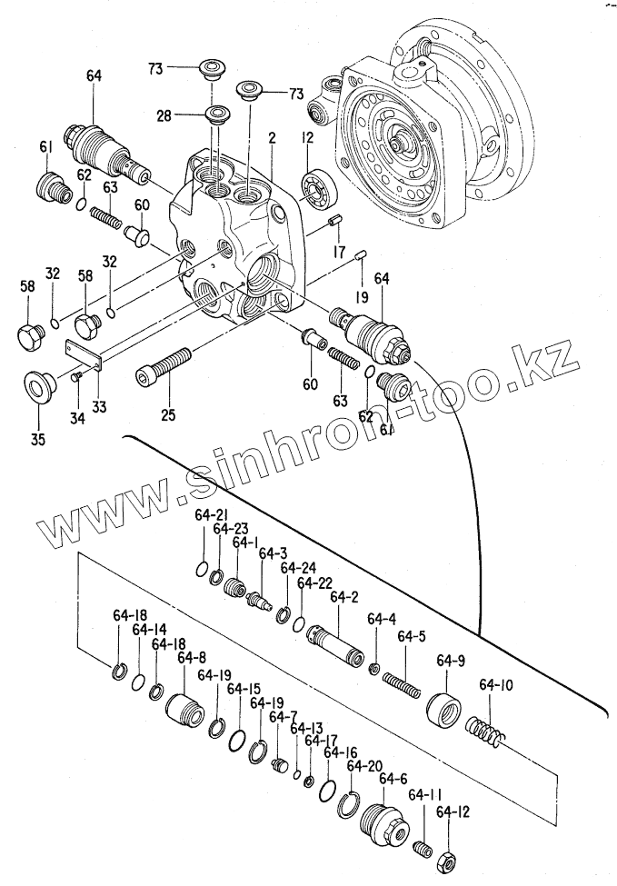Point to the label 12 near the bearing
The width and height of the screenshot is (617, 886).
[308, 137]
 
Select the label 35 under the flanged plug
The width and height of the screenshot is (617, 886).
[37, 421]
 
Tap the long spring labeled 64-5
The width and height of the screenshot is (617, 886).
[401, 683]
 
